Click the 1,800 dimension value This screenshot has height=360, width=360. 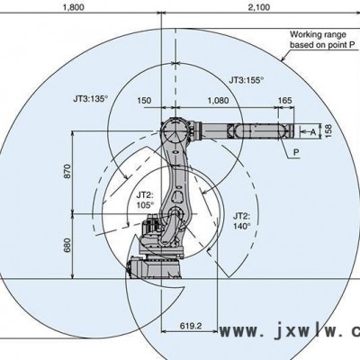point(73,7)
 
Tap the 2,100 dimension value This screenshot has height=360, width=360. point(259,7)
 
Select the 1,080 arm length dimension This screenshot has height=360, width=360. point(218,100)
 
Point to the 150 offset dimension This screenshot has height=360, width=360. point(144,100)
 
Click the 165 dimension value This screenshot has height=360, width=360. point(284,100)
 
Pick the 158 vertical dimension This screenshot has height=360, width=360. point(328,131)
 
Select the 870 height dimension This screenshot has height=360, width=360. point(67,171)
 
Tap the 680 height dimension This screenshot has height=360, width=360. point(67,246)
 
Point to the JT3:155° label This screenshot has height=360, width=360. point(247,80)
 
